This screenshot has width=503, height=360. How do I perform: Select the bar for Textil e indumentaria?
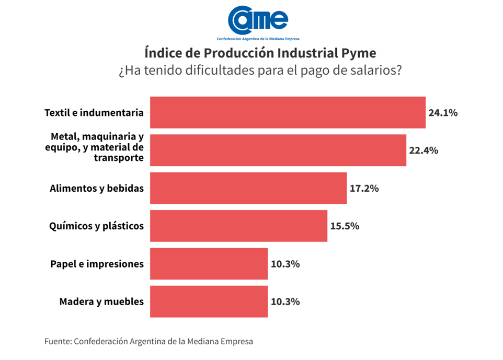click(x=288, y=112)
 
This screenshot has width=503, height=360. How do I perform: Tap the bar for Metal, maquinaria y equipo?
click(x=278, y=150)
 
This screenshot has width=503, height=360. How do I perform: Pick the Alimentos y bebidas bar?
click(x=248, y=188)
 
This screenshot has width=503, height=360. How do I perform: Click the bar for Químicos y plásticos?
click(x=238, y=226)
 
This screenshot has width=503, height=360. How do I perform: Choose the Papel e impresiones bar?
click(x=209, y=264)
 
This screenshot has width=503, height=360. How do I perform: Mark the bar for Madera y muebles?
click(x=209, y=301)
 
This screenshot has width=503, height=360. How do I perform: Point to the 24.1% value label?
click(x=443, y=113)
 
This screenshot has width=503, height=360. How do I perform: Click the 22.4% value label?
click(x=424, y=150)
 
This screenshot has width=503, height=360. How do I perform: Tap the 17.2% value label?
click(x=364, y=189)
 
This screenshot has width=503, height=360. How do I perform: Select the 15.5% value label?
click(x=345, y=226)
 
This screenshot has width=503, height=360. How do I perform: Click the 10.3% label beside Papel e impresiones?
click(x=285, y=264)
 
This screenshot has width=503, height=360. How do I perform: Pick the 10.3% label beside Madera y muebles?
click(x=285, y=301)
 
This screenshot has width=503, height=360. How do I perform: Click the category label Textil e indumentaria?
click(x=94, y=112)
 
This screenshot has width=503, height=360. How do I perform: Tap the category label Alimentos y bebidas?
click(x=97, y=189)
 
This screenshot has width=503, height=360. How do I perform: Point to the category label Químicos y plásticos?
click(x=96, y=226)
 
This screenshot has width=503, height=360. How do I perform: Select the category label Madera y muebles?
click(x=101, y=301)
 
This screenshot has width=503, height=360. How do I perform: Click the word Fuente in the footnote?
click(x=58, y=342)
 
